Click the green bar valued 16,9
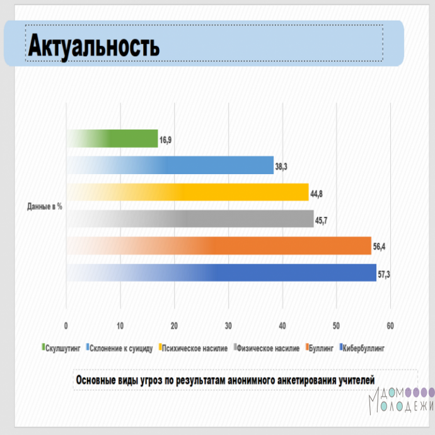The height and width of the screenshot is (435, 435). [112, 139]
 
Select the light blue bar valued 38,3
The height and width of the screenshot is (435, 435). [170, 165]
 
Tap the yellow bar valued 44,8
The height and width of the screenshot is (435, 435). [187, 192]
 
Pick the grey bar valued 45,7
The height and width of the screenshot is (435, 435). [190, 219]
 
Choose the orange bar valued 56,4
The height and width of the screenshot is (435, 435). [219, 245]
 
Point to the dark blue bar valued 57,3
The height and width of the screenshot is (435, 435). [221, 272]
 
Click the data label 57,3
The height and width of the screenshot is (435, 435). [384, 275]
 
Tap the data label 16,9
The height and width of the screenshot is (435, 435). [165, 140]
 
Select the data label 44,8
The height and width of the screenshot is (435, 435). [316, 194]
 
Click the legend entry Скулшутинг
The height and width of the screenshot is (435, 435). [61, 348]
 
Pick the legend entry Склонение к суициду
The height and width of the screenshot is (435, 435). [120, 348]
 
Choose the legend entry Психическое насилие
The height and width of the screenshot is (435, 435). [193, 348]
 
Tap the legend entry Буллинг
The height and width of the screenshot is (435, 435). [319, 348]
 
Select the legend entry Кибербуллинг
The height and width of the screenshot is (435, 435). [362, 348]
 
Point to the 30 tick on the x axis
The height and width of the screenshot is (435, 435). [228, 326]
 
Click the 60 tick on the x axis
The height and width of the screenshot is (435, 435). [390, 326]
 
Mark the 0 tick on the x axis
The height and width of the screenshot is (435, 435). [66, 326]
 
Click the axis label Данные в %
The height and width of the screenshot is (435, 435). [45, 207]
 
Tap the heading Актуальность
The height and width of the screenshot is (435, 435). [94, 45]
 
